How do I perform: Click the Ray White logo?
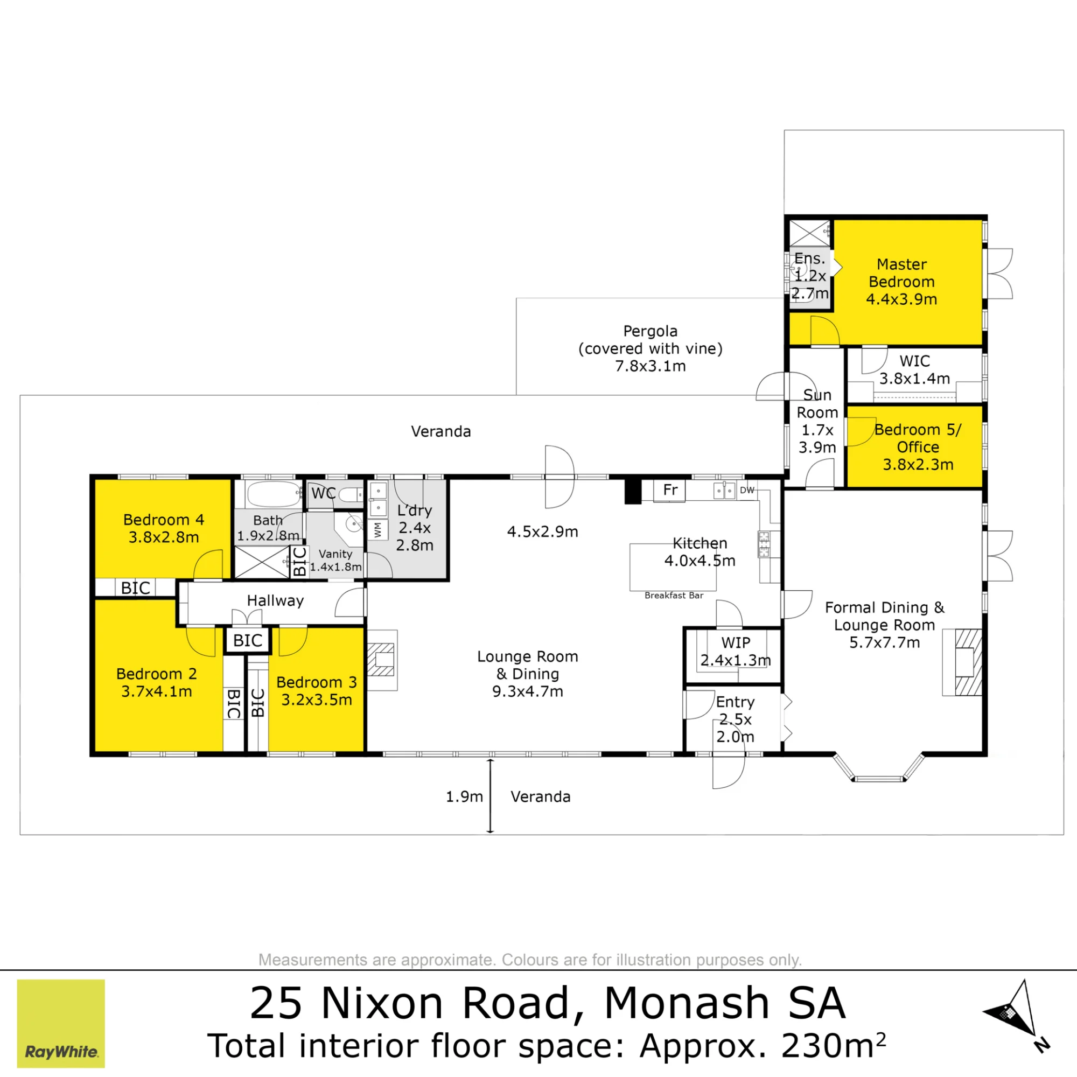[61, 1024]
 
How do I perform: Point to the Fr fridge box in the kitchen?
[669, 491]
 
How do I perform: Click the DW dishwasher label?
[747, 490]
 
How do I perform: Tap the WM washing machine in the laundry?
[378, 529]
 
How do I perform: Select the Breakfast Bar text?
[674, 596]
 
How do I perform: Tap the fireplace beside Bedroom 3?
[382, 660]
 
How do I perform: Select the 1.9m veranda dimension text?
[464, 796]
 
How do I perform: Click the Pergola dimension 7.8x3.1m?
[650, 366]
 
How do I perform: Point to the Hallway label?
[275, 600]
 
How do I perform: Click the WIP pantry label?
[735, 642]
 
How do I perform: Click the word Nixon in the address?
[382, 1003]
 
